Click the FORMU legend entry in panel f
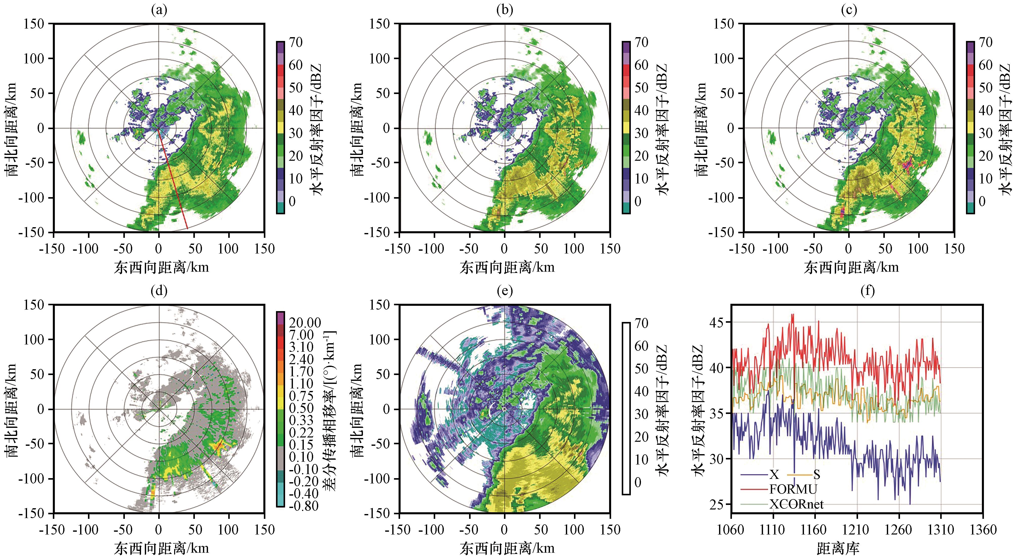[x=793, y=489]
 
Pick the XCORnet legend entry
[x=796, y=504]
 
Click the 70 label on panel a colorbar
[x=295, y=42]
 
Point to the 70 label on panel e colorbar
[x=641, y=323]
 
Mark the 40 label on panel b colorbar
[x=641, y=110]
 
